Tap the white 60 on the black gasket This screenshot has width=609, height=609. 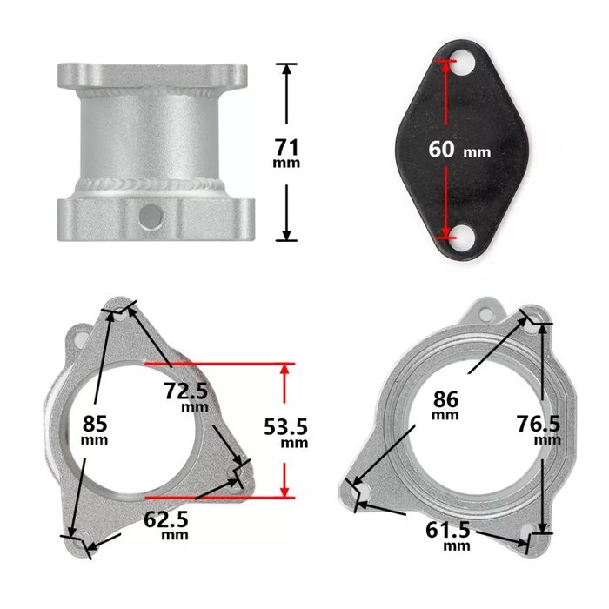pyautogui.click(x=441, y=148)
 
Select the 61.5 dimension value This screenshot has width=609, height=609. pyautogui.click(x=449, y=530)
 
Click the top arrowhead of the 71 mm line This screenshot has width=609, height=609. pyautogui.click(x=286, y=67)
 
